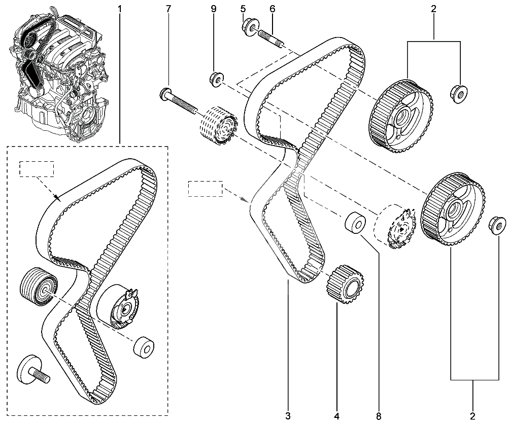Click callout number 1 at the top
coord(119,9)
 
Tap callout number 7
coord(168,9)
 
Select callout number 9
coord(213,9)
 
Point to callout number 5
coord(243,9)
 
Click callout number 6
coord(273,9)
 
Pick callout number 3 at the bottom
coord(288,416)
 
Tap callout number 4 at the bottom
coord(336,416)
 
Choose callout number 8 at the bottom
coord(379,416)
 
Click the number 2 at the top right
coord(434,9)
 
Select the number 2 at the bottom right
coord(472,416)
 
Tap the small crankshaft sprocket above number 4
coord(345,284)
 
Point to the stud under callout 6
coord(272,39)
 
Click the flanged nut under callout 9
coord(216,79)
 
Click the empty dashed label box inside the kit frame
coord(37,169)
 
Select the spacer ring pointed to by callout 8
coord(355,223)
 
